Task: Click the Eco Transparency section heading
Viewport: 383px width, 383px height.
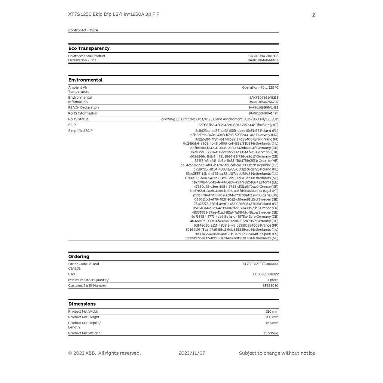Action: click(x=89, y=48)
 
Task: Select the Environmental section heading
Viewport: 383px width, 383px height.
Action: click(x=85, y=80)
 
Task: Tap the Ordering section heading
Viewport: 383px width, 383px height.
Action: click(x=79, y=257)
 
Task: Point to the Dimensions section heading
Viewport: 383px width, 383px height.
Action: click(x=82, y=304)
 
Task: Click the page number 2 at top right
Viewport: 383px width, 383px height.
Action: click(x=313, y=15)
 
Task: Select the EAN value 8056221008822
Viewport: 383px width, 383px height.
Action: click(x=266, y=274)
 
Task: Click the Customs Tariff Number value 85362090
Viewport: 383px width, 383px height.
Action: click(x=270, y=285)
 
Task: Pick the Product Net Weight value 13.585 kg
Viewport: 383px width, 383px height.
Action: click(x=271, y=333)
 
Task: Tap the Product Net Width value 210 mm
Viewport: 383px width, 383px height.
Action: click(x=272, y=312)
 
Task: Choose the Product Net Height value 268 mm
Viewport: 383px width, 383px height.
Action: click(x=272, y=317)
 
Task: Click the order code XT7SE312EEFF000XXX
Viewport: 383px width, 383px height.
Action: click(x=260, y=264)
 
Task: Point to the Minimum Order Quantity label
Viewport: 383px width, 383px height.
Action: click(x=88, y=280)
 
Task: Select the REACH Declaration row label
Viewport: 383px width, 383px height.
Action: click(x=83, y=107)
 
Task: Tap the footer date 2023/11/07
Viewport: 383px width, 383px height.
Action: click(x=192, y=353)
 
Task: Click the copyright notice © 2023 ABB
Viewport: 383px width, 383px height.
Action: click(x=104, y=353)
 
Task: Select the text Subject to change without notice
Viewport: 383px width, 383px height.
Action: click(x=277, y=353)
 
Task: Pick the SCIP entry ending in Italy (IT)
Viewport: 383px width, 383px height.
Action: click(x=238, y=125)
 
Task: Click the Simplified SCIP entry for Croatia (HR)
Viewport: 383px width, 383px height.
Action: click(x=236, y=161)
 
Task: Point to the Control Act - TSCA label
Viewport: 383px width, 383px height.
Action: click(x=83, y=30)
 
